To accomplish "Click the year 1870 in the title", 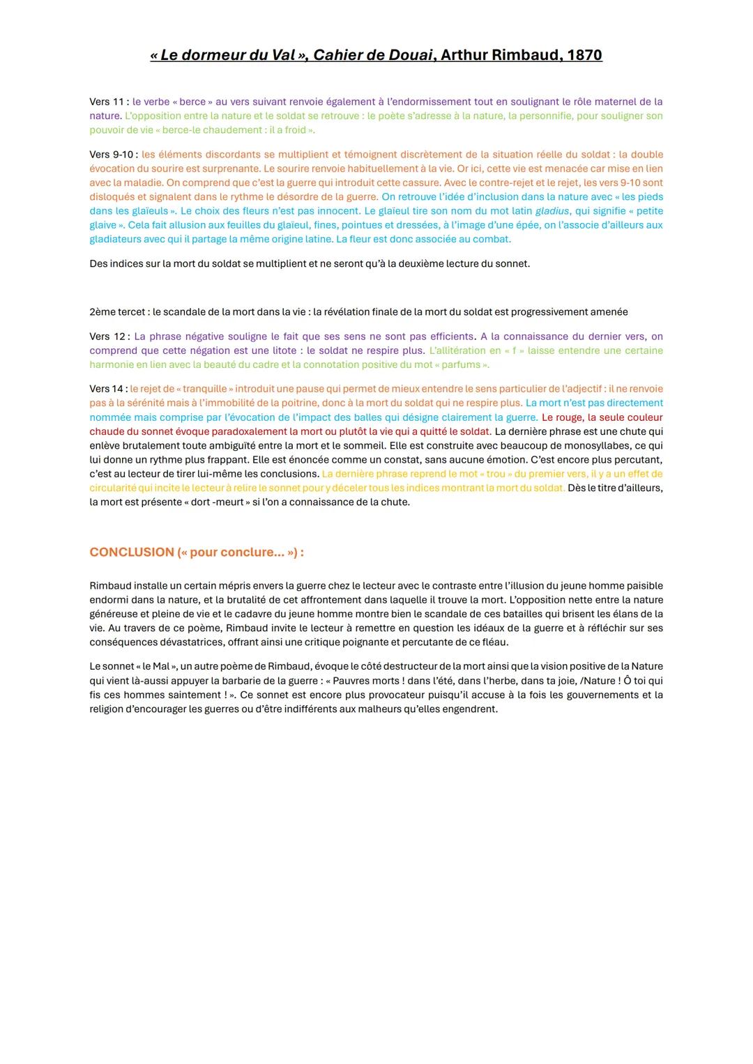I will click(584, 55).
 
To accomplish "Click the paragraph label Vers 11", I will click(107, 102).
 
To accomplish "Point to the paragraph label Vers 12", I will click(107, 337).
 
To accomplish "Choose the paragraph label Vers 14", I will click(107, 389).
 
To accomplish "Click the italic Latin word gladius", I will click(552, 211).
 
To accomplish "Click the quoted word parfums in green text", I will click(461, 364).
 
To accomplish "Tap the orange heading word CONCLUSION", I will click(132, 552).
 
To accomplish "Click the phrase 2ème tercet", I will click(117, 312).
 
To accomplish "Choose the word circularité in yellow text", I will click(112, 488).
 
